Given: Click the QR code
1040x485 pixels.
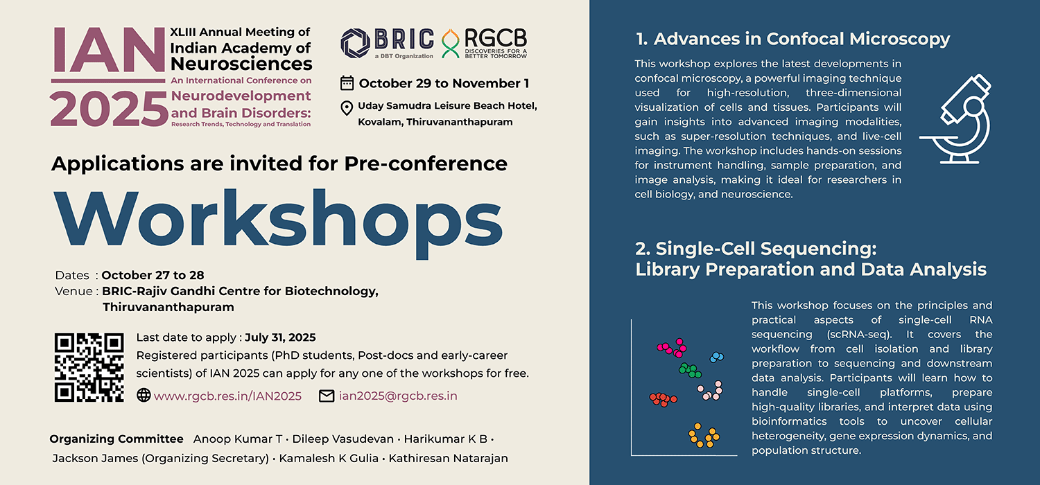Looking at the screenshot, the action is click(89, 367).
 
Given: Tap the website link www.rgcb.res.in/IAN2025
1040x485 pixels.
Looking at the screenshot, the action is click(227, 396).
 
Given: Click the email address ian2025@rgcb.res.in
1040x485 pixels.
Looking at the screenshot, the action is click(398, 396).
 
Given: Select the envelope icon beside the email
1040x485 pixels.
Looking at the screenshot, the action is click(327, 396).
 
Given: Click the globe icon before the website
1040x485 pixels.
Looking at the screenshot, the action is click(144, 396).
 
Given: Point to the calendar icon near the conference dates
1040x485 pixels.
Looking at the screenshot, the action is click(347, 83).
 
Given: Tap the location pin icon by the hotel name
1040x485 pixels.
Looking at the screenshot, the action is click(347, 108).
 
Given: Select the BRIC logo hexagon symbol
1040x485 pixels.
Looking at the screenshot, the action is click(355, 44).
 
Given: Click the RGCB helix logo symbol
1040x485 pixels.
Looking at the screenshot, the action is click(450, 44).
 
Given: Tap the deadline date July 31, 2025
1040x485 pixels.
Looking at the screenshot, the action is click(280, 337).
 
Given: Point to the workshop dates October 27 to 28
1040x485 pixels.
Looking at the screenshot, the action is click(153, 275).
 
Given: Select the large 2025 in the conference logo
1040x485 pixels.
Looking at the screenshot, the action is click(109, 109).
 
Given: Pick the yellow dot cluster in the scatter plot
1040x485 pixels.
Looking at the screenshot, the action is click(704, 435).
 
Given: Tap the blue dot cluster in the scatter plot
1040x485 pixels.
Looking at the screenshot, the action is click(717, 357).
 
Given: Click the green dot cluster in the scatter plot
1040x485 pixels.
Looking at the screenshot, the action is click(690, 371).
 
